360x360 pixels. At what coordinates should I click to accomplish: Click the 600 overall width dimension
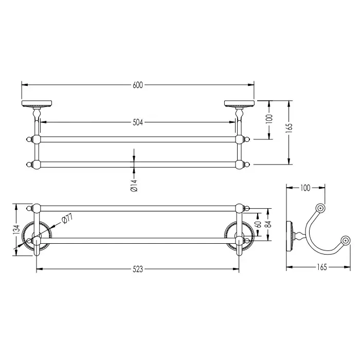coord(138,85)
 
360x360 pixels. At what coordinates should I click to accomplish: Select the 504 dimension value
coord(138,122)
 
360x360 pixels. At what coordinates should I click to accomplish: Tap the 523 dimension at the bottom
coord(138,269)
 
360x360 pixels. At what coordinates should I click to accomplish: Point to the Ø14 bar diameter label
coord(134,186)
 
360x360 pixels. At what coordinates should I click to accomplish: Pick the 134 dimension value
coord(16,230)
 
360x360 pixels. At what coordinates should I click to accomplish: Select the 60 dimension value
coord(259,224)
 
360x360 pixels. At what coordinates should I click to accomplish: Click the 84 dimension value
coord(268,224)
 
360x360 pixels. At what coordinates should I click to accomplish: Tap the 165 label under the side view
coord(321,267)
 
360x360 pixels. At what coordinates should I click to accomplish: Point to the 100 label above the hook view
coord(305,188)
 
